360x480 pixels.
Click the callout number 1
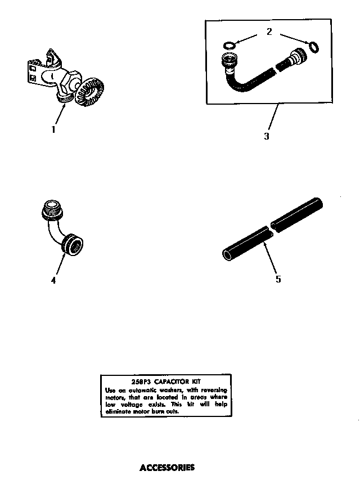tap(54, 129)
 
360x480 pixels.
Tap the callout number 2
tap(269, 32)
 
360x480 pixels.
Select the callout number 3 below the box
tap(267, 136)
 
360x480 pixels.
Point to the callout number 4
tap(53, 280)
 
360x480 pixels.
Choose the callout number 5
tap(278, 279)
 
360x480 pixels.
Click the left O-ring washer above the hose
tap(229, 45)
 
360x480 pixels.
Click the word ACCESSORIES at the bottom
tap(166, 467)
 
